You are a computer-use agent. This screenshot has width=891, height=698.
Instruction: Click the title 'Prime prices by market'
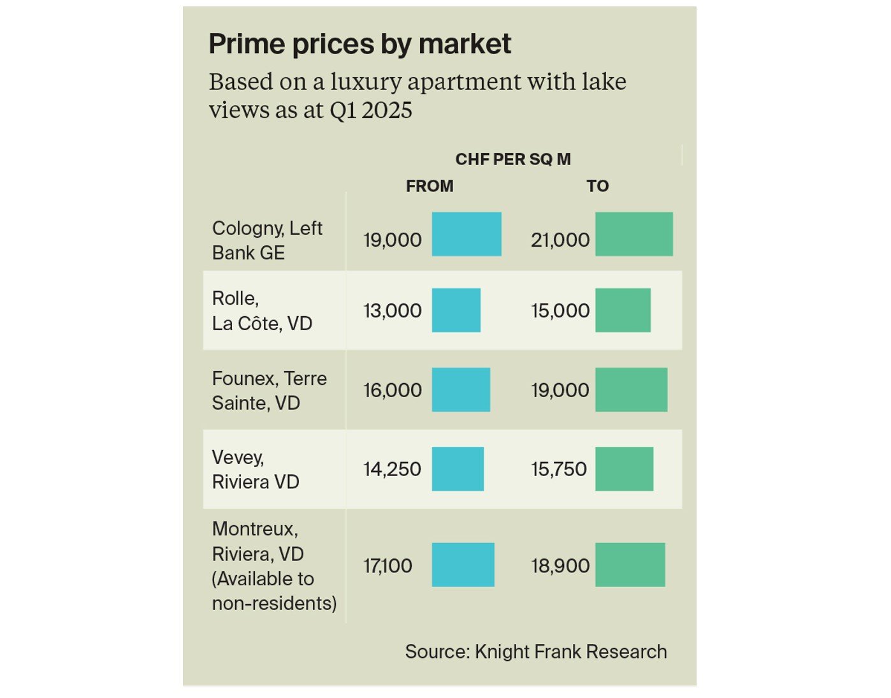point(359,44)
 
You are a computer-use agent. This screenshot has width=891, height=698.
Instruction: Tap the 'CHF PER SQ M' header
point(512,159)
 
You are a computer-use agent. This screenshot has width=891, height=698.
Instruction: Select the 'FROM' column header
point(430,186)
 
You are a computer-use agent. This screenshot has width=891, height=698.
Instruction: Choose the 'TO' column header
point(597,186)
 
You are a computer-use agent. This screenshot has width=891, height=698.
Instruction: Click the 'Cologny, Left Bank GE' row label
point(267,240)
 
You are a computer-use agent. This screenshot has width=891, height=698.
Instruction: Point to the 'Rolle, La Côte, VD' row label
point(262,310)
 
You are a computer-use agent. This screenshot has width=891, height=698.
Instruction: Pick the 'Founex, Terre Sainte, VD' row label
point(269,390)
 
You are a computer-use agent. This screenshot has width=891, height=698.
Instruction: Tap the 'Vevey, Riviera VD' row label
point(256,469)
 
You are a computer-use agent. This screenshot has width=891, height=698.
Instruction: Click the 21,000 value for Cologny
point(560,240)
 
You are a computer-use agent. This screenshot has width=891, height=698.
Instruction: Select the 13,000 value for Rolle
point(393,310)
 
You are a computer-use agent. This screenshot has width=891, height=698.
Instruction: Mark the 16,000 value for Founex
point(393,390)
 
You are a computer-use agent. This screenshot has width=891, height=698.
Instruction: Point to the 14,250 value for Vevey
point(393,469)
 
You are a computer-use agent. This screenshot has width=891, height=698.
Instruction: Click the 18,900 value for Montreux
point(560,565)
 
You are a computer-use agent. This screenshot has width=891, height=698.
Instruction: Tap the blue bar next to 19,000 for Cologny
point(467,234)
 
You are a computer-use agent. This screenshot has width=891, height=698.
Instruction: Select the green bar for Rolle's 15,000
point(623,310)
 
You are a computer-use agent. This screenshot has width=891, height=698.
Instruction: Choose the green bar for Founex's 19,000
point(631,389)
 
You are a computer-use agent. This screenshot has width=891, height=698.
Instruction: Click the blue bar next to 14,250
point(458,469)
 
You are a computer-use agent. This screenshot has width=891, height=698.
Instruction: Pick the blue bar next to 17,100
point(463,565)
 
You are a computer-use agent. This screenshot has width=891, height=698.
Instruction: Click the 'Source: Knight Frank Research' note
point(535,651)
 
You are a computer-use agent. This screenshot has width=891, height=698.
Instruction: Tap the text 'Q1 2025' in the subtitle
point(370,110)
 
